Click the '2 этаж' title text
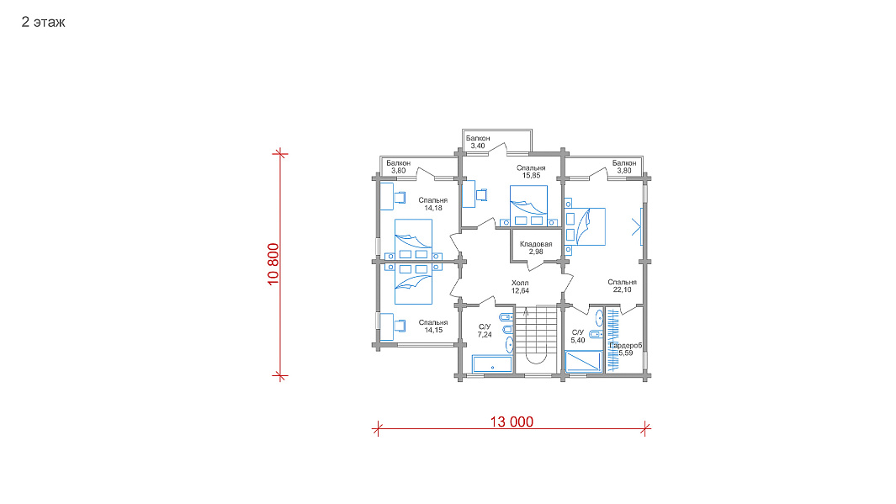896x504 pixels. point(44,22)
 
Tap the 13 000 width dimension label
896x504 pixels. point(512,422)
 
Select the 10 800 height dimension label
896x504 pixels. point(273,264)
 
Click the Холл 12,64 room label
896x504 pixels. point(520,287)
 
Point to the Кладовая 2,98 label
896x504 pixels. point(536,248)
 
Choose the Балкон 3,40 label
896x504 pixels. point(478,141)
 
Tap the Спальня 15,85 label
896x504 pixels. point(531,172)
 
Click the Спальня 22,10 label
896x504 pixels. point(622,286)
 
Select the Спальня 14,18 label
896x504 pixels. point(433,204)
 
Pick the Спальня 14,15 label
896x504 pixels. point(433,326)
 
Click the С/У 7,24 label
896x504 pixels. point(485,331)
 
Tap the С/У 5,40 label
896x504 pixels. point(578,336)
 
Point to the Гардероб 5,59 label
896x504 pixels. point(625,349)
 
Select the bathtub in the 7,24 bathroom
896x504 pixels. point(492,364)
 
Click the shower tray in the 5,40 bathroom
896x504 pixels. point(583,361)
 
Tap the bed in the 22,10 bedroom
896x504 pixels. point(585,227)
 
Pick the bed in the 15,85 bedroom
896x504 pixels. point(528,205)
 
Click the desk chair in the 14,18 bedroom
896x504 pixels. point(400,197)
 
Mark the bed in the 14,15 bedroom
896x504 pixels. point(413,284)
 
